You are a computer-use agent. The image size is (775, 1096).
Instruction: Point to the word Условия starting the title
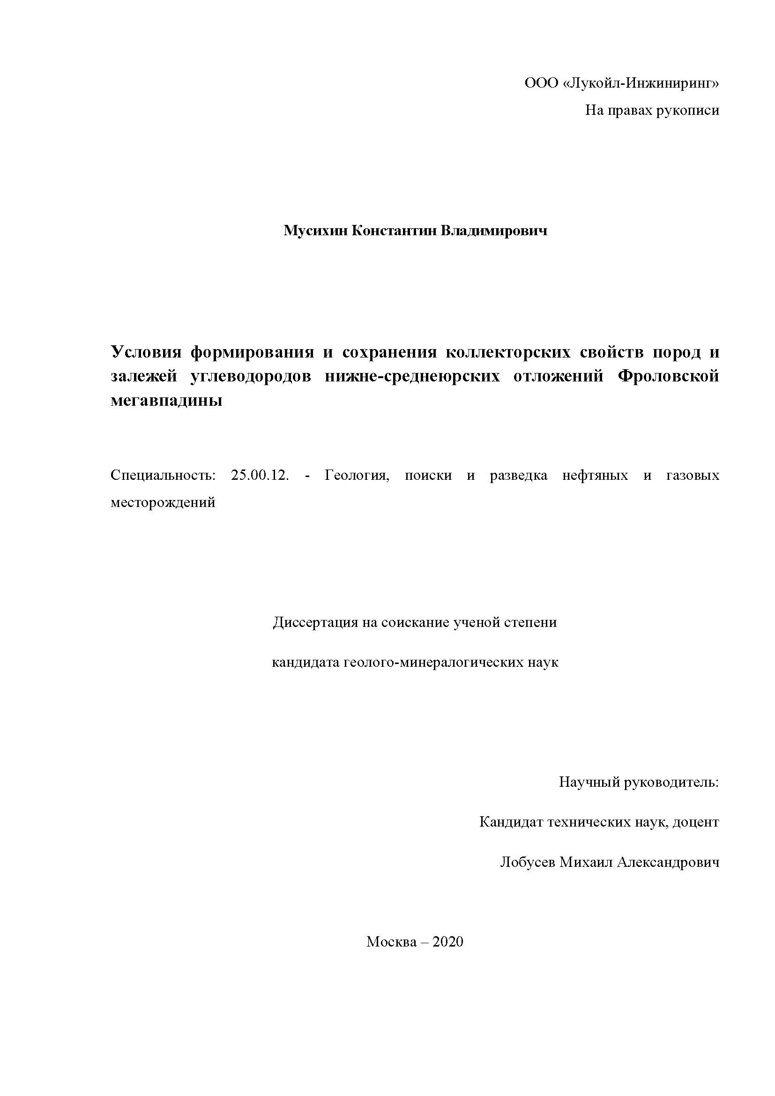coord(146,352)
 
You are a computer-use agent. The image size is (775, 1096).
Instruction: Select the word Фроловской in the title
coord(668,377)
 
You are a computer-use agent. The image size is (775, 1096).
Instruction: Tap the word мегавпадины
coord(166,401)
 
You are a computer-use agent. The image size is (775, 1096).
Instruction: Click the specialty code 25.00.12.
coord(260,476)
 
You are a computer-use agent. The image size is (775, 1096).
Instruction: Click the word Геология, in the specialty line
coord(357,476)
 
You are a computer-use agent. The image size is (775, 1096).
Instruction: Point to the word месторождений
coord(163,502)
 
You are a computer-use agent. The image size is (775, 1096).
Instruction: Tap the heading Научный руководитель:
coord(639,783)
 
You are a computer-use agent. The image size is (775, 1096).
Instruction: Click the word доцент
coord(695,822)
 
